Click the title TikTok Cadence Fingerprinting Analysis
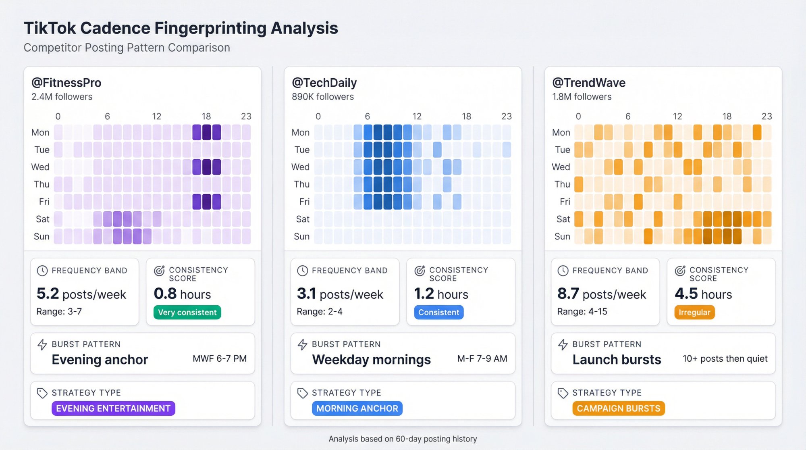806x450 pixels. (x=181, y=28)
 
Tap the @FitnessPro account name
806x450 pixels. (x=66, y=83)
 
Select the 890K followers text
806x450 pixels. (x=323, y=97)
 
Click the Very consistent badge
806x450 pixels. (x=187, y=312)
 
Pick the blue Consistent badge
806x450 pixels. (x=438, y=312)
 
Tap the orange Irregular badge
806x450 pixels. (x=694, y=312)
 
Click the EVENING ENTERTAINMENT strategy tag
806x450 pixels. (x=113, y=408)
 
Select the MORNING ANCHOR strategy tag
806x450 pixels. (x=357, y=408)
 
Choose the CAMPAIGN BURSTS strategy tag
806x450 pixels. (x=618, y=408)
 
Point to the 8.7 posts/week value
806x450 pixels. (x=601, y=294)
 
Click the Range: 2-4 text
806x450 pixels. (x=320, y=311)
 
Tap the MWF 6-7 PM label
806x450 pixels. (x=220, y=358)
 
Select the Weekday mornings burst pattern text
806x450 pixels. (x=371, y=359)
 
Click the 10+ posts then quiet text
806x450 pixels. (x=725, y=358)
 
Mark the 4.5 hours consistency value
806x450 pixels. (x=703, y=294)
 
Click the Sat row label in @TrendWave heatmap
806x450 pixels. (x=563, y=219)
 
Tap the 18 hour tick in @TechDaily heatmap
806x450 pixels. (x=466, y=117)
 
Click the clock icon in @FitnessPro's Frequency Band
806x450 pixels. (x=42, y=271)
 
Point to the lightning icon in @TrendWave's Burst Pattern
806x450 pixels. (x=563, y=344)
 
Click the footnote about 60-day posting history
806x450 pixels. (x=403, y=439)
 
